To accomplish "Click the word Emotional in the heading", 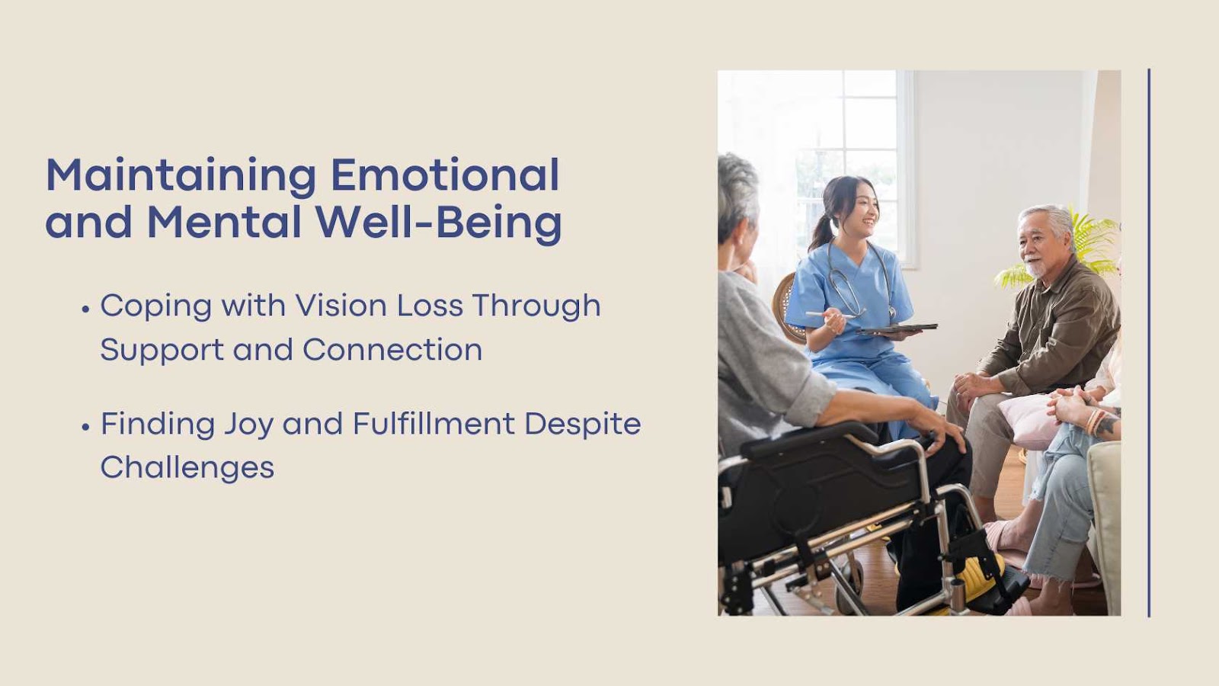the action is (445, 175).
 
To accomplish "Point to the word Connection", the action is (392, 350).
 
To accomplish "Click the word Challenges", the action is (187, 468).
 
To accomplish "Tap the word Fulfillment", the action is (434, 424).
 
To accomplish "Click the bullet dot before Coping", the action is (85, 309).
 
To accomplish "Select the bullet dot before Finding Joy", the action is (85, 428).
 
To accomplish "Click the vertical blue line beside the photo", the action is (1149, 342).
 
